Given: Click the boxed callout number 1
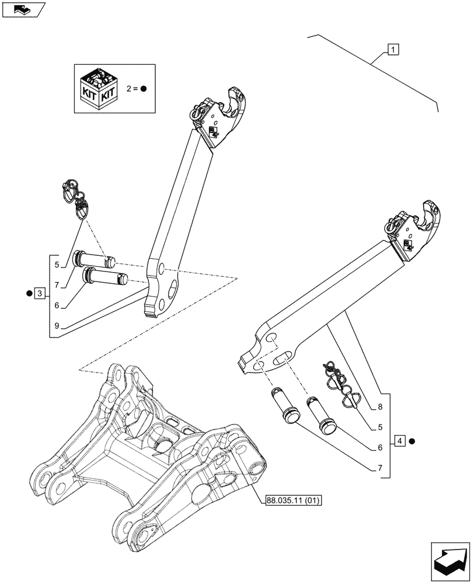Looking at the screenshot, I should click(392, 50).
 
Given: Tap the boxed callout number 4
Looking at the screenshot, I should click(399, 440).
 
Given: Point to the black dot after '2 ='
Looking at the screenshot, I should click(143, 89).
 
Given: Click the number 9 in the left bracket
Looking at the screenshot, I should click(57, 325).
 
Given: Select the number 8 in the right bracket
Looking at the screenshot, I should click(380, 406).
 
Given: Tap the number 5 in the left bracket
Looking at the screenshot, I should click(57, 265).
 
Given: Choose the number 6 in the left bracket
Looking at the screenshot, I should click(57, 305).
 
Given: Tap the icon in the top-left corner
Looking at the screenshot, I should click(23, 9).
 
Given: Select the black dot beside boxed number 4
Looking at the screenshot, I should click(412, 440).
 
